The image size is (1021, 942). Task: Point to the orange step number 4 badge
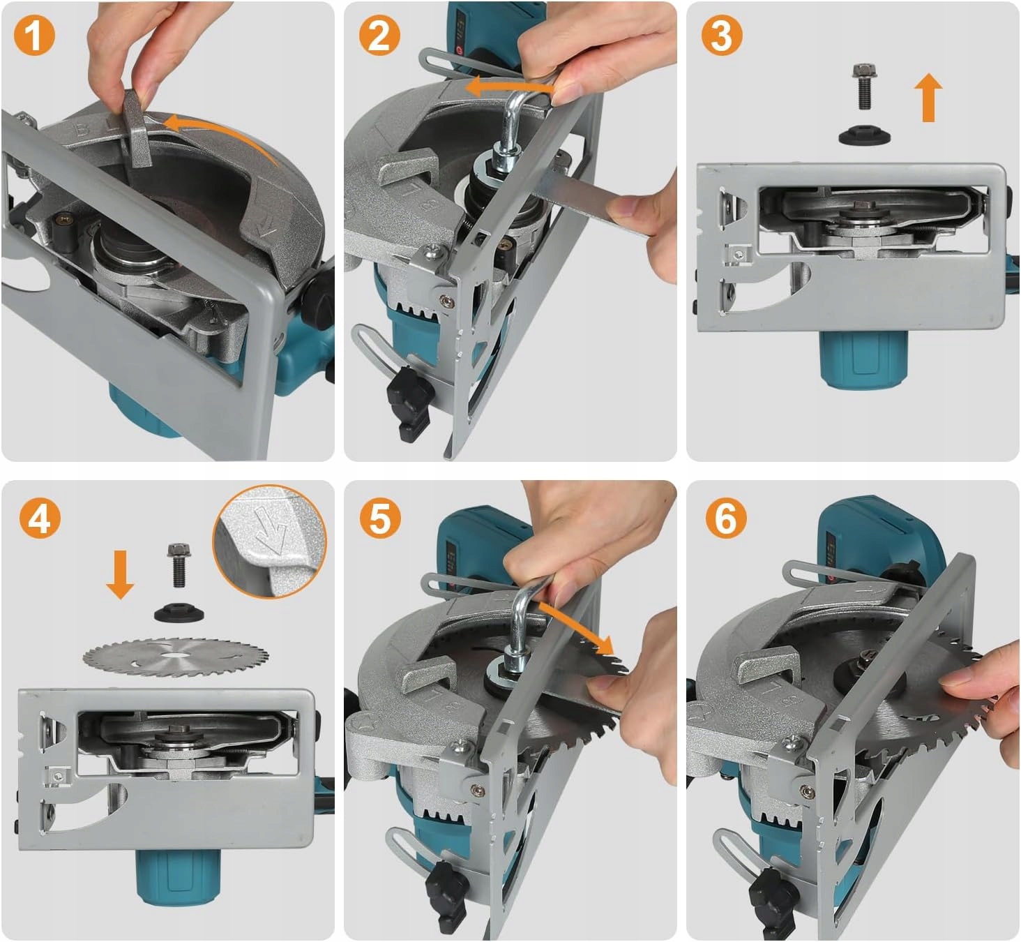40,518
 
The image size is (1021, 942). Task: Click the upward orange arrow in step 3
928,98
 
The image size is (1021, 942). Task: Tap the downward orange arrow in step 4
120,574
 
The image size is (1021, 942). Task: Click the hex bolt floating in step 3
865,86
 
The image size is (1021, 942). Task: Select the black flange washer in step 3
864,136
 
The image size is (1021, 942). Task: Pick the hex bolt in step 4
179,565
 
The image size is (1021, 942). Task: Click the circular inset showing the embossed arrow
269,541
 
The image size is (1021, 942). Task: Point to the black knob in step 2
410,403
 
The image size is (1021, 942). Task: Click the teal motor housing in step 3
863,360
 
